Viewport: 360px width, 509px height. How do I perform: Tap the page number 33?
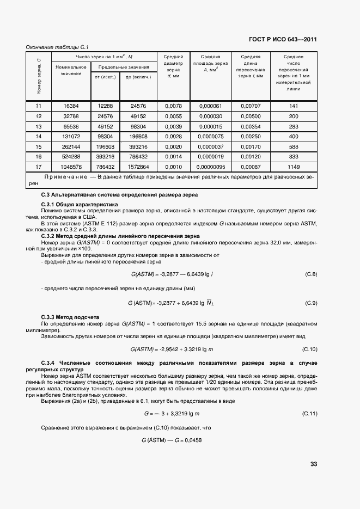[313, 464]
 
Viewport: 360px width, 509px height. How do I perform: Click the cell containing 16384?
[71, 106]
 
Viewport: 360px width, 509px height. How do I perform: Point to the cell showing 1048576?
[71, 166]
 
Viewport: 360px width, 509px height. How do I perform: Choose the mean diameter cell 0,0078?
[173, 106]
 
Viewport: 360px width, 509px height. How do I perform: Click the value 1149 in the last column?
[294, 166]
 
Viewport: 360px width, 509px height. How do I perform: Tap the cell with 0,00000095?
[210, 166]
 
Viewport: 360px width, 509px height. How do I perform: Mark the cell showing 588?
[294, 146]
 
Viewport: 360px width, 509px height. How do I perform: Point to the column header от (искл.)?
[105, 77]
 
